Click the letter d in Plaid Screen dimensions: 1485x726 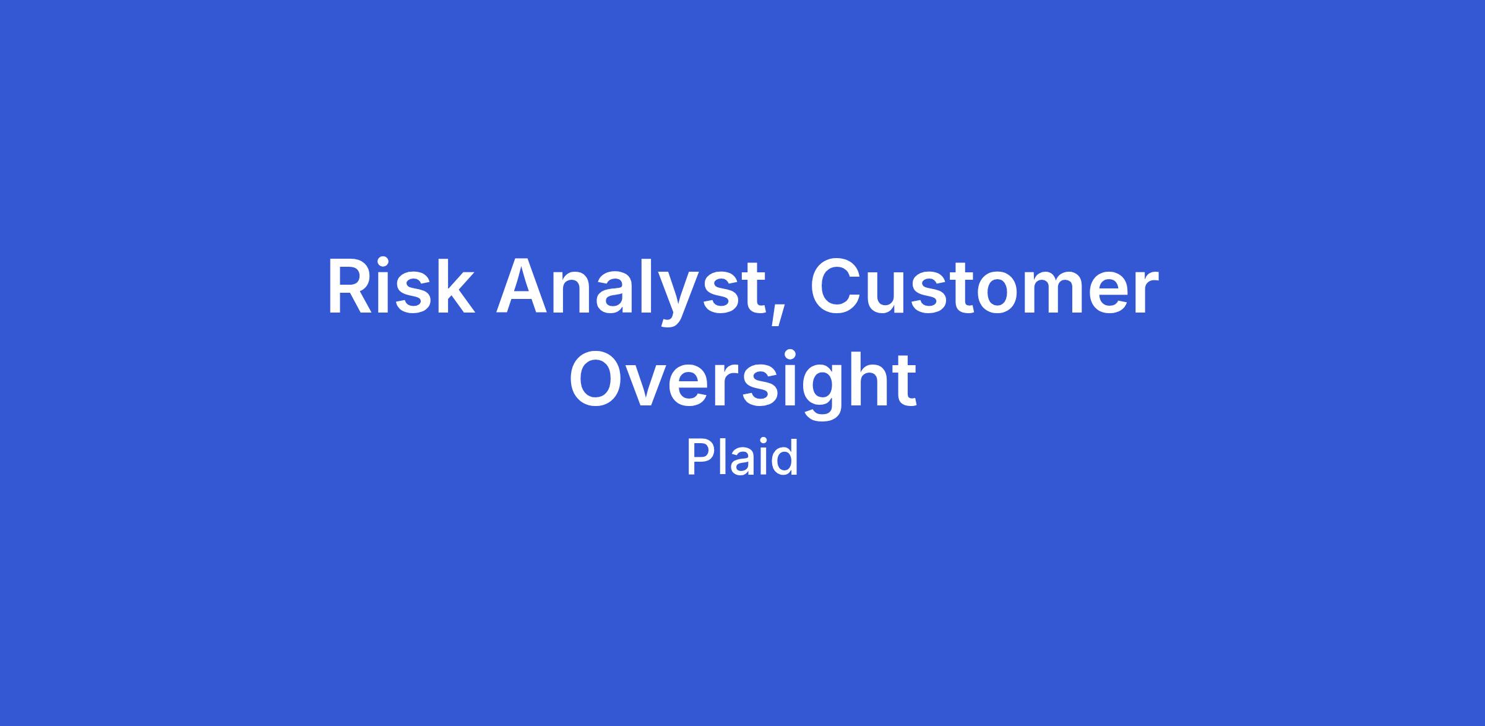pyautogui.click(x=783, y=457)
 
